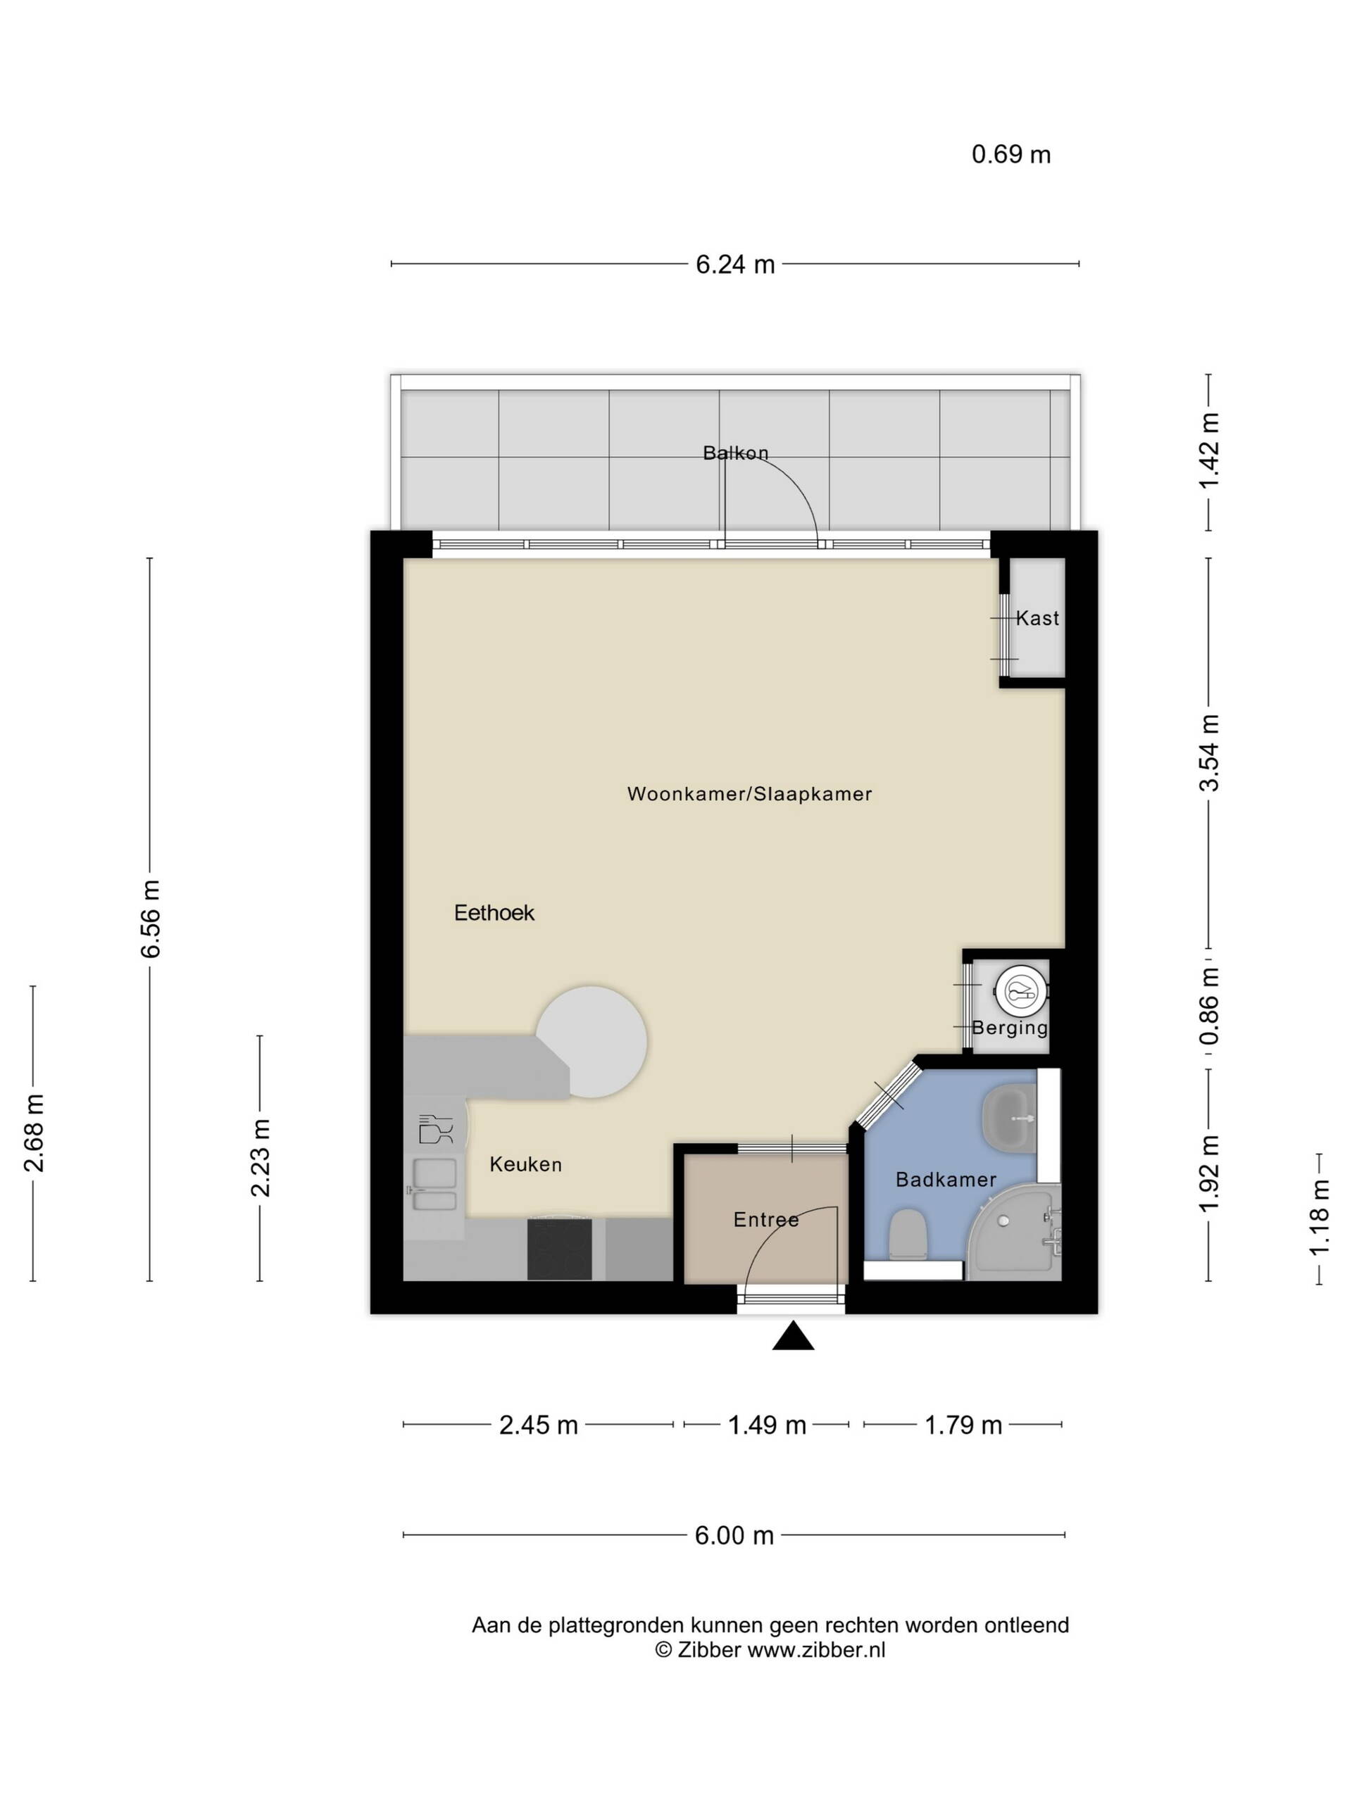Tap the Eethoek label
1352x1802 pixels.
[494, 912]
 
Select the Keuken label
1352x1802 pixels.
[525, 1165]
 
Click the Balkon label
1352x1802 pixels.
[736, 453]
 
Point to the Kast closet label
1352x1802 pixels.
[1037, 618]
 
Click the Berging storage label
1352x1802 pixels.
[1010, 1028]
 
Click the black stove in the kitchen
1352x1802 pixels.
[559, 1249]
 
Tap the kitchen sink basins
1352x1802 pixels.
[434, 1185]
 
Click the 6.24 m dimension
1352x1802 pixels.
[735, 264]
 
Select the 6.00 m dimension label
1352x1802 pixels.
[734, 1536]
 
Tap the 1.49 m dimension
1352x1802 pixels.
[767, 1425]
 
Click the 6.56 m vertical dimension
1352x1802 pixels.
[150, 919]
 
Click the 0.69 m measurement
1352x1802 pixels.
[1011, 154]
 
